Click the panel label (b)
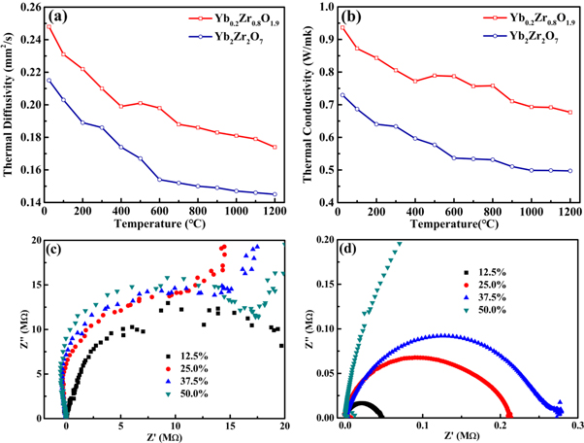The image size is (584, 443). click(x=347, y=17)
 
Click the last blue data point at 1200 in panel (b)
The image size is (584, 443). click(x=570, y=171)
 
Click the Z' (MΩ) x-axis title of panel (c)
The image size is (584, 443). click(x=175, y=436)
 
